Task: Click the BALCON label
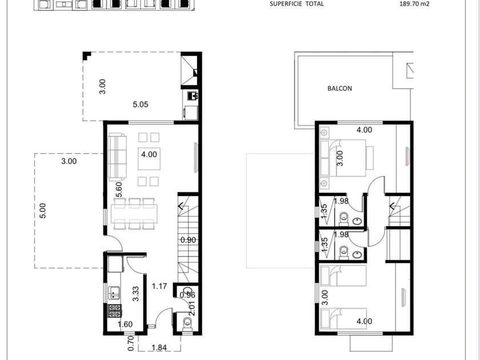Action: coord(339,89)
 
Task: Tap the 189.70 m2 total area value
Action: coord(414,4)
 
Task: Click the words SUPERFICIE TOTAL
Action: coord(297,4)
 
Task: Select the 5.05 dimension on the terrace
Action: coord(140,105)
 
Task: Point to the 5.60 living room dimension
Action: coord(119,190)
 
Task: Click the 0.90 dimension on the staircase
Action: coord(188,240)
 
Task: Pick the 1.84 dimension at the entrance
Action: coord(159,347)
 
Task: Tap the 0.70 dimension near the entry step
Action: coord(131,343)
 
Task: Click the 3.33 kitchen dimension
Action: coord(135,294)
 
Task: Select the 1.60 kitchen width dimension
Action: coord(125,324)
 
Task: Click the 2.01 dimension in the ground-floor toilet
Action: coord(192,309)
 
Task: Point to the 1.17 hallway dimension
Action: coord(159,286)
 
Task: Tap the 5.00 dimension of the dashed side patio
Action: coord(43,211)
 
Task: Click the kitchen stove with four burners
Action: coord(115,311)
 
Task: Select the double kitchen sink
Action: coord(114,293)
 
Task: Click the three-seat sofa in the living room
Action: coord(117,157)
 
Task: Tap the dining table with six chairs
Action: coord(134,214)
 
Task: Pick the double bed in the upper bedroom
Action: coord(346,158)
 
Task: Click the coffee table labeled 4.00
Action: coord(149,159)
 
